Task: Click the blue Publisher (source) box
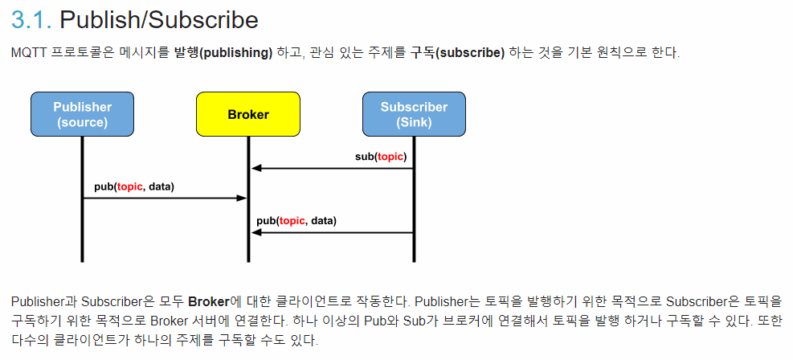82,115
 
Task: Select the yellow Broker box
247,115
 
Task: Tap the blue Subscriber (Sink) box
414,115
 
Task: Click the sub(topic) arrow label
381,156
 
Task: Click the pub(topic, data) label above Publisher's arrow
133,186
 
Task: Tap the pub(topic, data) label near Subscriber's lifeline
296,220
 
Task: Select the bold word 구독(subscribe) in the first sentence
457,53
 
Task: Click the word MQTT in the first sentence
28,53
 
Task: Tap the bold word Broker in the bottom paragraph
208,302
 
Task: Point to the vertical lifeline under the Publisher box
82,233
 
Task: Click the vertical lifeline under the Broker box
248,241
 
